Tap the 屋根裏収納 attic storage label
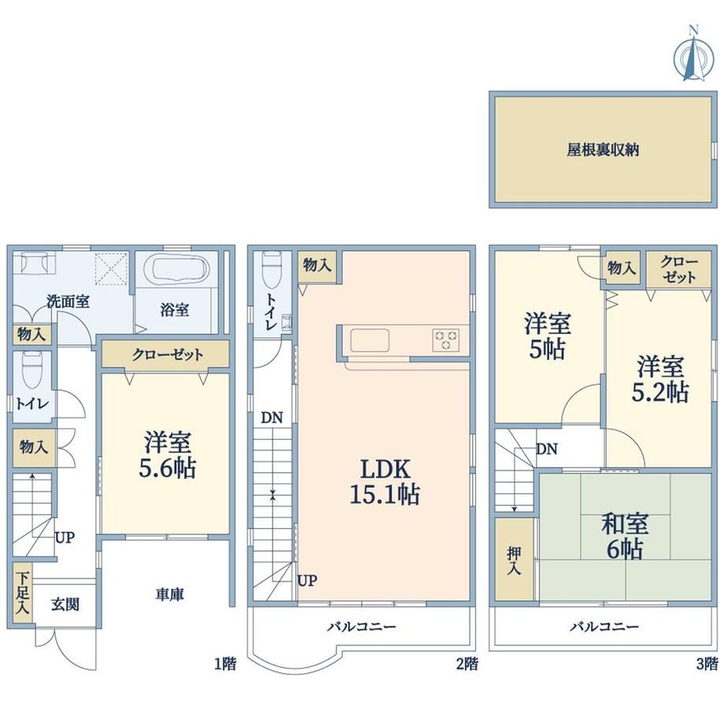pos(603,150)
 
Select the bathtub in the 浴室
pos(177,268)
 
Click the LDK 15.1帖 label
pos(385,481)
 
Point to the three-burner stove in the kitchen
pos(446,340)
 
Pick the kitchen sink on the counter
pos(370,340)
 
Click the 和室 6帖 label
pos(624,537)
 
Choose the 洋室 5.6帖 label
pos(167,455)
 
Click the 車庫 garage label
pos(169,595)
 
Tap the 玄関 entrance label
pos(65,604)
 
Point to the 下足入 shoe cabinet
pos(22,593)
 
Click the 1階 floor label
pos(225,664)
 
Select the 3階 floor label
pos(707,664)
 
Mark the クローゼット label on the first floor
pos(167,355)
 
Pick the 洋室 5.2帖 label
pos(660,379)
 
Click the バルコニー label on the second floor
pos(362,627)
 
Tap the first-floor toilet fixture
pos(32,370)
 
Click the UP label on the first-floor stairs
pos(65,537)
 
